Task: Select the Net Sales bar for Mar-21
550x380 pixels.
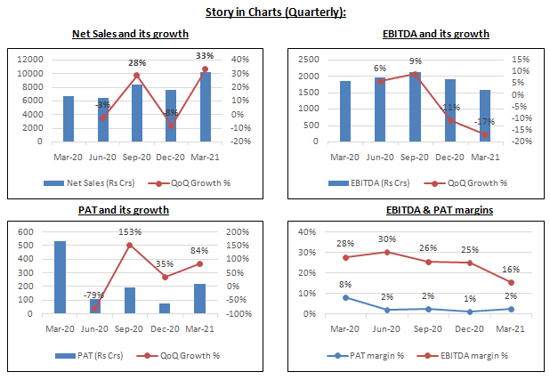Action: tap(206, 106)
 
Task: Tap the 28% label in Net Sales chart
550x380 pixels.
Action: tap(136, 63)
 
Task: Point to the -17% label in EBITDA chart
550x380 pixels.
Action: tap(484, 122)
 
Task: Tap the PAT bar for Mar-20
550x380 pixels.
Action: tap(61, 277)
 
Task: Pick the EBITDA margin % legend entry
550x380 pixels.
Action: tap(471, 355)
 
